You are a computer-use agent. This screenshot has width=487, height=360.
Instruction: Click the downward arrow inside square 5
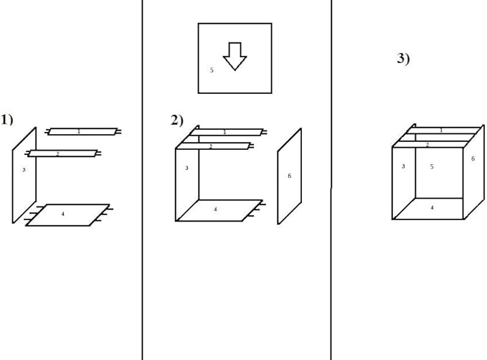[235, 56]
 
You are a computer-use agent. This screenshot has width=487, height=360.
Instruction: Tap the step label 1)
[7, 120]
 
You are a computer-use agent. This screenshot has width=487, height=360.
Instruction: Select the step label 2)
[177, 120]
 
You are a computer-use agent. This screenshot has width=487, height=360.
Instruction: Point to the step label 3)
[403, 58]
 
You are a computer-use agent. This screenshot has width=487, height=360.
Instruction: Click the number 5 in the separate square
[212, 70]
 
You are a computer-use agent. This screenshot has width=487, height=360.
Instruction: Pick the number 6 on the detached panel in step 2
[290, 176]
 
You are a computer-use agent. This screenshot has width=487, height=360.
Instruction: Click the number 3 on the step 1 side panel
[24, 170]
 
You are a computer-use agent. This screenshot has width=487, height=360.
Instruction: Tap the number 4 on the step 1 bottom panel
[63, 214]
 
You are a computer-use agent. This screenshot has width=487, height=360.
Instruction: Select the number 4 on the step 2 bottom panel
[216, 209]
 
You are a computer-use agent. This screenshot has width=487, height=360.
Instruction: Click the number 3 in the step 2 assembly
[186, 168]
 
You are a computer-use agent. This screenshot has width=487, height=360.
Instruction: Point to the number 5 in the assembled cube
[432, 167]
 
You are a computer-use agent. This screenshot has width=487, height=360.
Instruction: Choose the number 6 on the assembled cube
[473, 158]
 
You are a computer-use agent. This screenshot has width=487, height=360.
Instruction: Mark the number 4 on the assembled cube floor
[432, 208]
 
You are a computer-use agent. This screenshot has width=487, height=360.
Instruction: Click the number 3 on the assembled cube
[404, 166]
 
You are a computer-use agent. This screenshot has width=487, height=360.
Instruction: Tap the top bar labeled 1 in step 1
[83, 132]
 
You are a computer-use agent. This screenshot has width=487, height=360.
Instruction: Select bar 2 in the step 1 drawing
[63, 153]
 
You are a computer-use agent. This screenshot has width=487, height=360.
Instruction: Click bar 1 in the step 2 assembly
[227, 133]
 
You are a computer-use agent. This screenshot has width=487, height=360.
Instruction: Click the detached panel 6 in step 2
[290, 176]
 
